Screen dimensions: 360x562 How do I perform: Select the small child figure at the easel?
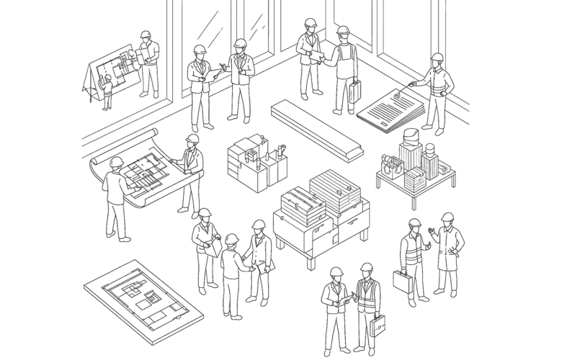[107, 92]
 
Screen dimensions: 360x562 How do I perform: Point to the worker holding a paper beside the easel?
[148, 63]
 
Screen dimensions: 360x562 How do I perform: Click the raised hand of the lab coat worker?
[432, 232]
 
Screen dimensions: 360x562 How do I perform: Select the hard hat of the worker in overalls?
[343, 31]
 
